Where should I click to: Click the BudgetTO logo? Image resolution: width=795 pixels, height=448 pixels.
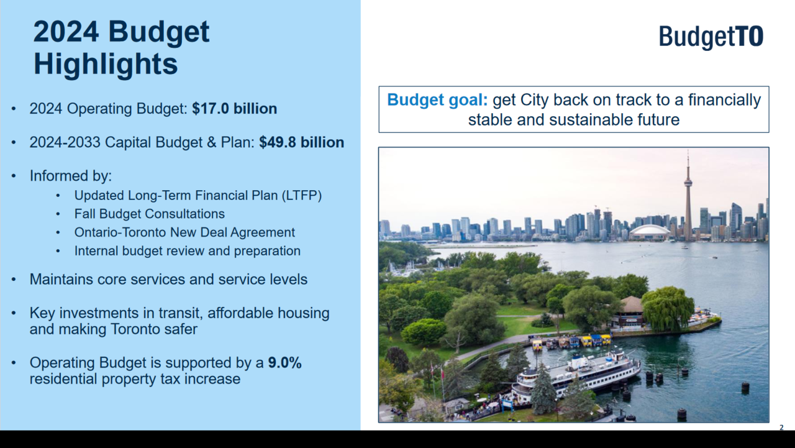(711, 37)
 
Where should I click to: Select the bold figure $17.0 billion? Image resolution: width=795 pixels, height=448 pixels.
(234, 109)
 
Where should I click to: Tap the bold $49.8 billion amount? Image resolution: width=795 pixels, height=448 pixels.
(301, 142)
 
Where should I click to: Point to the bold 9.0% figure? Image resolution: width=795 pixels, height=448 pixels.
(284, 363)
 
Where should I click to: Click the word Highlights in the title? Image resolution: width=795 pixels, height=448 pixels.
(106, 64)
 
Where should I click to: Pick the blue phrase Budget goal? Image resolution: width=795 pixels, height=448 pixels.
(437, 100)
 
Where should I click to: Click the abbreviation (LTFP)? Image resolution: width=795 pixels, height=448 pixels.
(302, 196)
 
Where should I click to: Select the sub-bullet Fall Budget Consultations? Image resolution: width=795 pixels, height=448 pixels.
(150, 214)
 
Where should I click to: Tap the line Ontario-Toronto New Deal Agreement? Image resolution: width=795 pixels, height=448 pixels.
(184, 232)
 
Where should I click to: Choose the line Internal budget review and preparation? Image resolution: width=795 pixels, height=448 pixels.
(188, 251)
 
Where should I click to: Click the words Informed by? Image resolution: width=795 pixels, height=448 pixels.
(71, 176)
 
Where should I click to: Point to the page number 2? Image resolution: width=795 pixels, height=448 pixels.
(781, 427)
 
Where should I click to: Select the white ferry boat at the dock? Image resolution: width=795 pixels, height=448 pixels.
(577, 377)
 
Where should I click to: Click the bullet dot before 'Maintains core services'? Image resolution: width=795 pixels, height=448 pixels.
(14, 280)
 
